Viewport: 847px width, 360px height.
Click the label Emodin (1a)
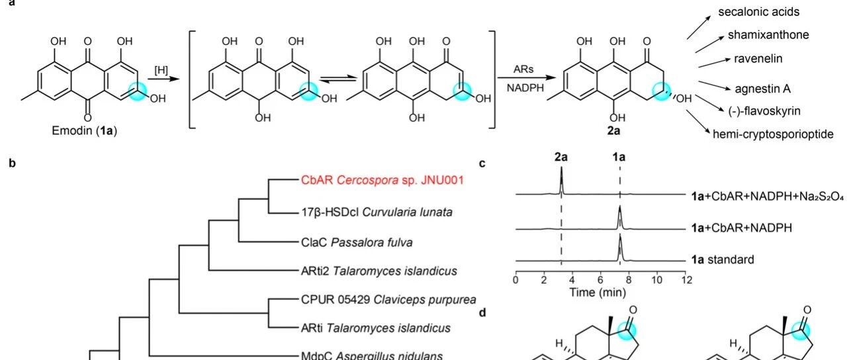pyautogui.click(x=84, y=131)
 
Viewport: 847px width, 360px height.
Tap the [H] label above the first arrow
pyautogui.click(x=161, y=70)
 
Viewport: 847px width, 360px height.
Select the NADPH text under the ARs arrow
pyautogui.click(x=525, y=88)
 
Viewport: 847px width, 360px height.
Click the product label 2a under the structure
pyautogui.click(x=613, y=131)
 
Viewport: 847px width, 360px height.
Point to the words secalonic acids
pyautogui.click(x=759, y=12)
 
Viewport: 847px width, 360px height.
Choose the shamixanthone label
pyautogui.click(x=768, y=35)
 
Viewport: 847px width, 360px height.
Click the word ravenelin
pyautogui.click(x=758, y=59)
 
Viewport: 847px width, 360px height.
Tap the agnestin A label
pyautogui.click(x=763, y=89)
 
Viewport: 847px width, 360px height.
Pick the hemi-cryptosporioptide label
pyautogui.click(x=773, y=134)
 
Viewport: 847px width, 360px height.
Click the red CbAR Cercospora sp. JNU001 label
pyautogui.click(x=382, y=180)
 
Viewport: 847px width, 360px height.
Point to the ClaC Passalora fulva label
pyautogui.click(x=357, y=242)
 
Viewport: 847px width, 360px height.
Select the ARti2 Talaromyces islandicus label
pyautogui.click(x=379, y=271)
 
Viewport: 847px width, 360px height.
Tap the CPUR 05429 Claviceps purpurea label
pyautogui.click(x=388, y=300)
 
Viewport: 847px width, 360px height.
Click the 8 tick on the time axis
pyautogui.click(x=629, y=280)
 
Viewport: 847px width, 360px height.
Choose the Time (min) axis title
pyautogui.click(x=598, y=292)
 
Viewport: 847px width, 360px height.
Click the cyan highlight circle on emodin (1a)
pyautogui.click(x=138, y=91)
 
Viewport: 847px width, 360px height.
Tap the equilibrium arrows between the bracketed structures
pyautogui.click(x=338, y=79)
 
